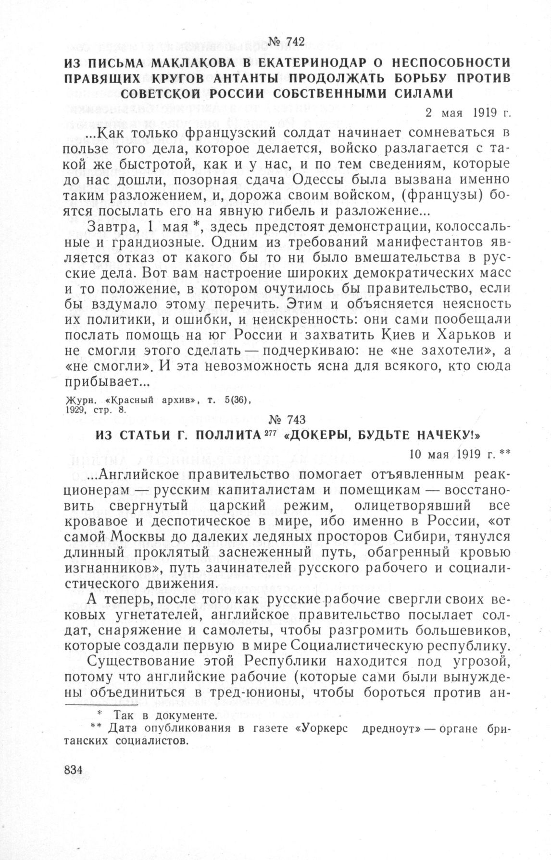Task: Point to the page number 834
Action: (x=74, y=769)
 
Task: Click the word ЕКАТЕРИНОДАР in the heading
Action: (x=326, y=63)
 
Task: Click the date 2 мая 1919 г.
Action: (x=467, y=113)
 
